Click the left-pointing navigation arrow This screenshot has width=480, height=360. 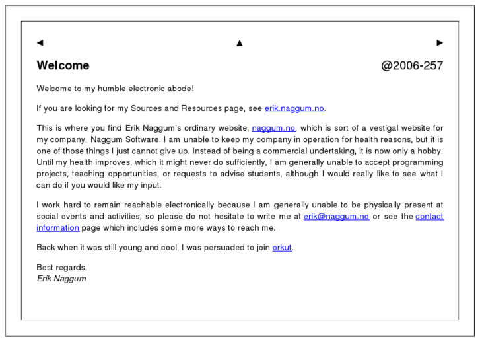40,43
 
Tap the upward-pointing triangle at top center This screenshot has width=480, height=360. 240,43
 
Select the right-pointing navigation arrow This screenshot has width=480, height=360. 440,43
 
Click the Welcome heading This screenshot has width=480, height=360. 63,65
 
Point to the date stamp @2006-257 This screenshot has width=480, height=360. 412,65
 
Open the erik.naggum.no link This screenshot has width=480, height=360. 294,108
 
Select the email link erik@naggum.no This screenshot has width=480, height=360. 336,216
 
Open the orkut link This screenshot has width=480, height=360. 282,248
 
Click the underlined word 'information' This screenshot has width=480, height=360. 57,228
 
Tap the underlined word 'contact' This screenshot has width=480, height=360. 429,216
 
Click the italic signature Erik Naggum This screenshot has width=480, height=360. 61,279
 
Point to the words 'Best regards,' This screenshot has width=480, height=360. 61,268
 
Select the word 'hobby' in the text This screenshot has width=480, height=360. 429,151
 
